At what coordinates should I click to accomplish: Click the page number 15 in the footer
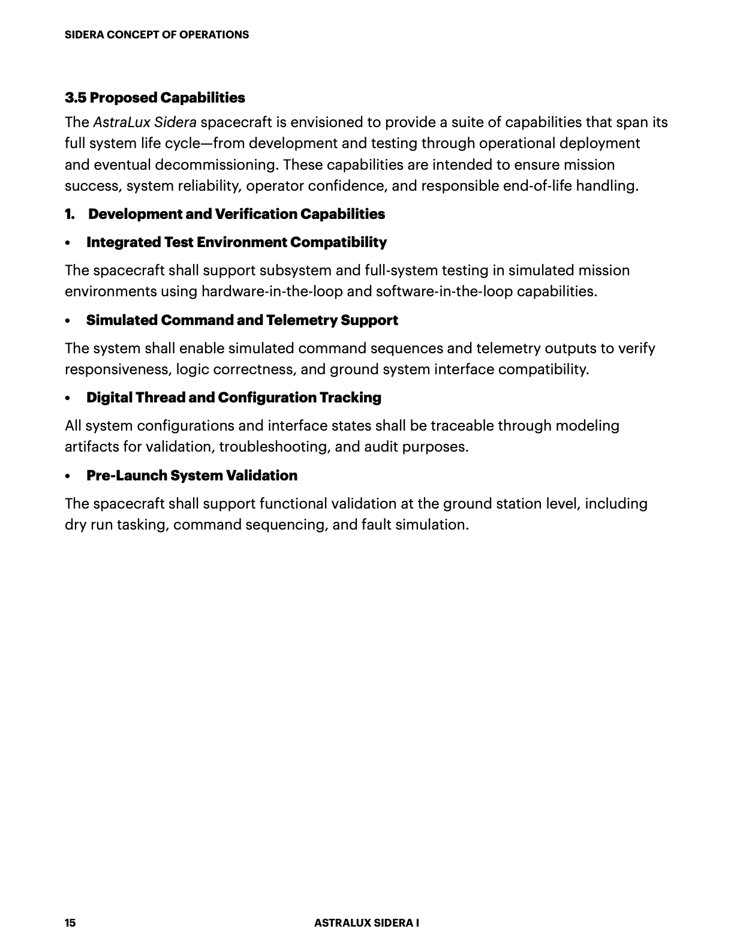[x=70, y=922]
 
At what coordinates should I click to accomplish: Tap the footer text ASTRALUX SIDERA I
[x=366, y=922]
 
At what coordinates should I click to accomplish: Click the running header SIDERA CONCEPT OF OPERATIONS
[x=157, y=35]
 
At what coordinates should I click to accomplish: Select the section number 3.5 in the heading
[x=76, y=98]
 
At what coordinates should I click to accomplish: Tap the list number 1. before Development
[x=70, y=214]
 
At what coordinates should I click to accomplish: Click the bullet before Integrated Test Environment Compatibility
[x=68, y=243]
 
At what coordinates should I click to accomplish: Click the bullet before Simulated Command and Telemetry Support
[x=68, y=321]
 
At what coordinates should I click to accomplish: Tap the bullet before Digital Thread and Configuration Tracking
[x=68, y=398]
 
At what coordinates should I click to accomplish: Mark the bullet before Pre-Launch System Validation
[x=68, y=476]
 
